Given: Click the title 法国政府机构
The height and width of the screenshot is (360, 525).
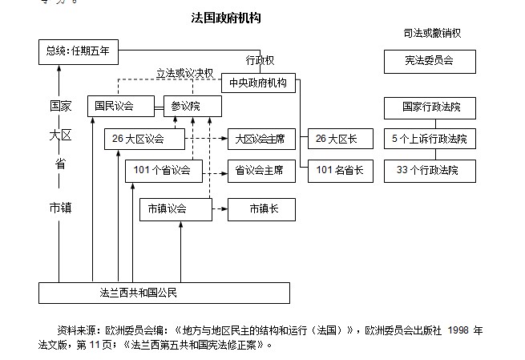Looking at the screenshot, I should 226,17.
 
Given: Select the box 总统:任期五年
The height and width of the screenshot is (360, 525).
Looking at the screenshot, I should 78,53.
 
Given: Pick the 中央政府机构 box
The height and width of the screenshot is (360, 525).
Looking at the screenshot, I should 259,82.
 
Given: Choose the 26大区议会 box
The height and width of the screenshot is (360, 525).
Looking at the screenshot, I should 144,139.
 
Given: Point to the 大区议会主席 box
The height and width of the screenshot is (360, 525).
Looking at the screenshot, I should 261,139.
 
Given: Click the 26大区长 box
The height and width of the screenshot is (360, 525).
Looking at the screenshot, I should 337,139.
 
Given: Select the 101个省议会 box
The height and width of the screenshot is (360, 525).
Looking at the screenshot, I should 164,170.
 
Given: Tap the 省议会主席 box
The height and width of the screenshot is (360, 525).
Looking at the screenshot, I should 261,170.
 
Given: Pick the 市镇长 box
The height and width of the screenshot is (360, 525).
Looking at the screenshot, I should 261,208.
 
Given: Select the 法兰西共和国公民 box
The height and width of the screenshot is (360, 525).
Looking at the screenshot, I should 164,293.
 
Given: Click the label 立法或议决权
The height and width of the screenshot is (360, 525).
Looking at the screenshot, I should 184,72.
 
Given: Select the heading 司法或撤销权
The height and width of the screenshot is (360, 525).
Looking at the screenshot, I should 432,33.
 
